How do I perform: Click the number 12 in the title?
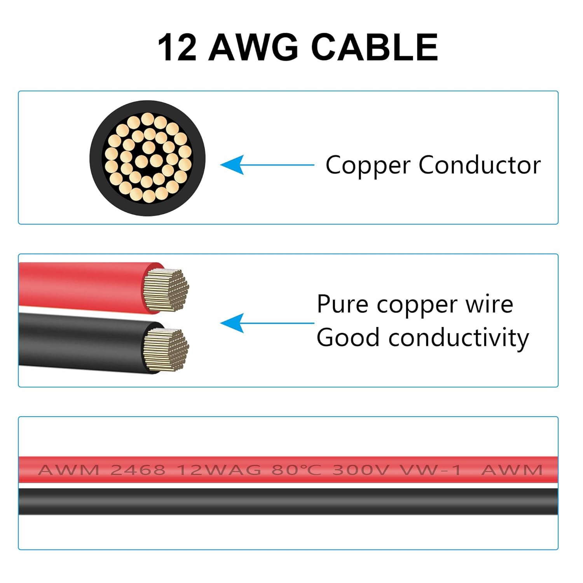click(177, 47)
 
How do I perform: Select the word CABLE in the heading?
click(375, 47)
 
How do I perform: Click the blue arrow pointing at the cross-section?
click(267, 165)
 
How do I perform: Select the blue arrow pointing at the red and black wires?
click(267, 323)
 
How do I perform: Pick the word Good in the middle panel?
click(347, 337)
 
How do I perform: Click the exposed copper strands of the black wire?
click(166, 349)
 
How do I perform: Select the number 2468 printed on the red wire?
click(138, 470)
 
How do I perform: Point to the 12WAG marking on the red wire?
click(219, 470)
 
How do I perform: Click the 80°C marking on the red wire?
click(297, 470)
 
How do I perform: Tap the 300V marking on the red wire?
click(360, 470)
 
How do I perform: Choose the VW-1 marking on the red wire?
click(431, 470)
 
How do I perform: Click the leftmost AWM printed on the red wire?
click(69, 470)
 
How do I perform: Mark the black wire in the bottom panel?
click(288, 501)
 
